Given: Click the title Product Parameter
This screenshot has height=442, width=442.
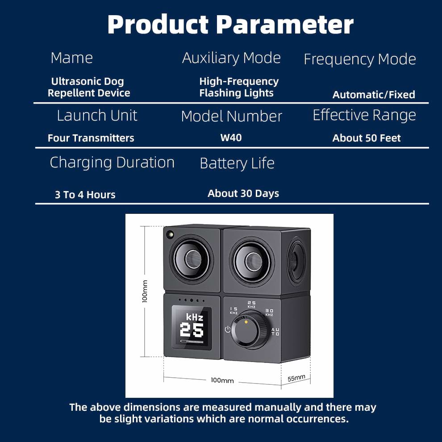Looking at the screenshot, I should click(230, 25).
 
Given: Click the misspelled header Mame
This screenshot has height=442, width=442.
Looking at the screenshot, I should click(71, 58).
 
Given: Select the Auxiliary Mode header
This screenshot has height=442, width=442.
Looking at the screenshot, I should click(231, 58).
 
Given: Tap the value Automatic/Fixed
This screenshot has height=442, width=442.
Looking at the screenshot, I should click(374, 95).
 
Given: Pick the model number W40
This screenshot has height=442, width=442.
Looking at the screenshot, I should click(231, 138).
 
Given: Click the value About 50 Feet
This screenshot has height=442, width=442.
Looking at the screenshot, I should click(367, 138).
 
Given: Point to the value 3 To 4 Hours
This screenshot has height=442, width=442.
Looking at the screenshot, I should click(85, 195).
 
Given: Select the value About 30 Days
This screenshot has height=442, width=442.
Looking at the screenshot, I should click(243, 193).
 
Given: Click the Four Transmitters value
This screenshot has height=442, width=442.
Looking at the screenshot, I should click(91, 138).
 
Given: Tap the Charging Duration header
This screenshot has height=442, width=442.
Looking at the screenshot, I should click(112, 163).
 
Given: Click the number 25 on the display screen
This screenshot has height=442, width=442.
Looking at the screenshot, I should click(192, 331).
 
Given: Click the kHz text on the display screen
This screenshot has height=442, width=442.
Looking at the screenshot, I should click(195, 317).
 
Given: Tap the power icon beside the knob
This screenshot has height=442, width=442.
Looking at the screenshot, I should click(228, 330).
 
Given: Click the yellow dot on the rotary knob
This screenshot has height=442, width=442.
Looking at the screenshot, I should click(246, 322).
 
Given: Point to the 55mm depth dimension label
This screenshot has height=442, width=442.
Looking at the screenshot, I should click(296, 378).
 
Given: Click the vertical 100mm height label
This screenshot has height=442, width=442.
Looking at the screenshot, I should click(145, 291).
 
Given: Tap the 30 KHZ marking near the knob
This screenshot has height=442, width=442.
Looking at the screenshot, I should click(269, 312).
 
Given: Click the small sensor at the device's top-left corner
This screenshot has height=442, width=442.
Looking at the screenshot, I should click(170, 234).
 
